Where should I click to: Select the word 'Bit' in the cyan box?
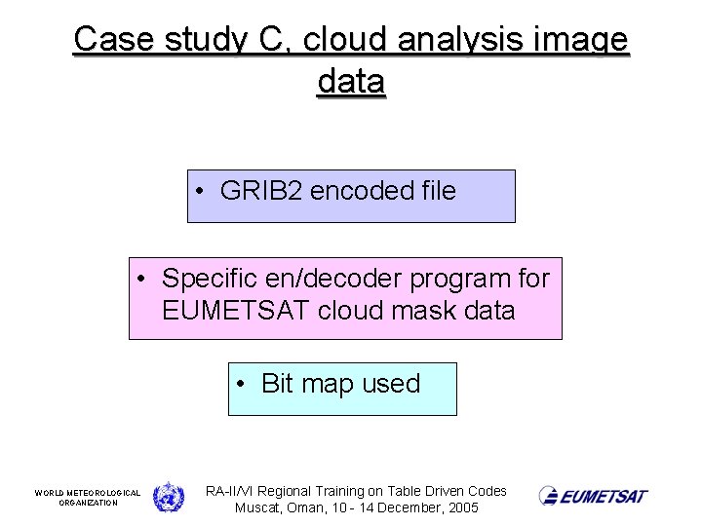point(277,384)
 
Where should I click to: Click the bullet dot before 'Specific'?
point(141,280)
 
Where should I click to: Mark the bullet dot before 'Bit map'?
point(241,385)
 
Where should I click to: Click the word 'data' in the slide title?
point(351,82)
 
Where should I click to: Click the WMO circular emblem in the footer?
point(169,497)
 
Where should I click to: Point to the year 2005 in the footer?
point(460,508)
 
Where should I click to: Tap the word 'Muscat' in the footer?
point(257,508)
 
